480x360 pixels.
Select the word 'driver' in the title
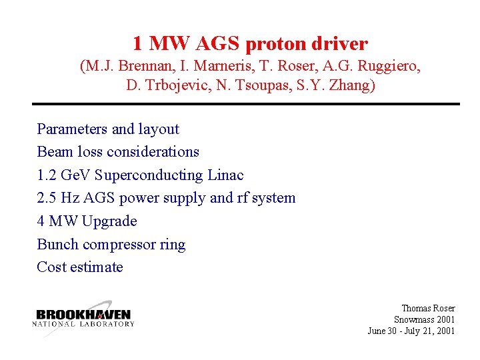(x=341, y=44)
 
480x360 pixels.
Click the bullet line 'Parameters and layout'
(x=108, y=129)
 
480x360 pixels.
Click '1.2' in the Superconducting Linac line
(x=47, y=175)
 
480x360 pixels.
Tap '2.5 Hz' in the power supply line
(x=56, y=198)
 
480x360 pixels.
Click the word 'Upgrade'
(x=109, y=221)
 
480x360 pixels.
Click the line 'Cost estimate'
(x=80, y=267)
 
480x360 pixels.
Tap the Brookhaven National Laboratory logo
(x=83, y=317)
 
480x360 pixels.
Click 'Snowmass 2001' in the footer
(x=424, y=319)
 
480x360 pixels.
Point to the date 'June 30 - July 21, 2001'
(x=411, y=331)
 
